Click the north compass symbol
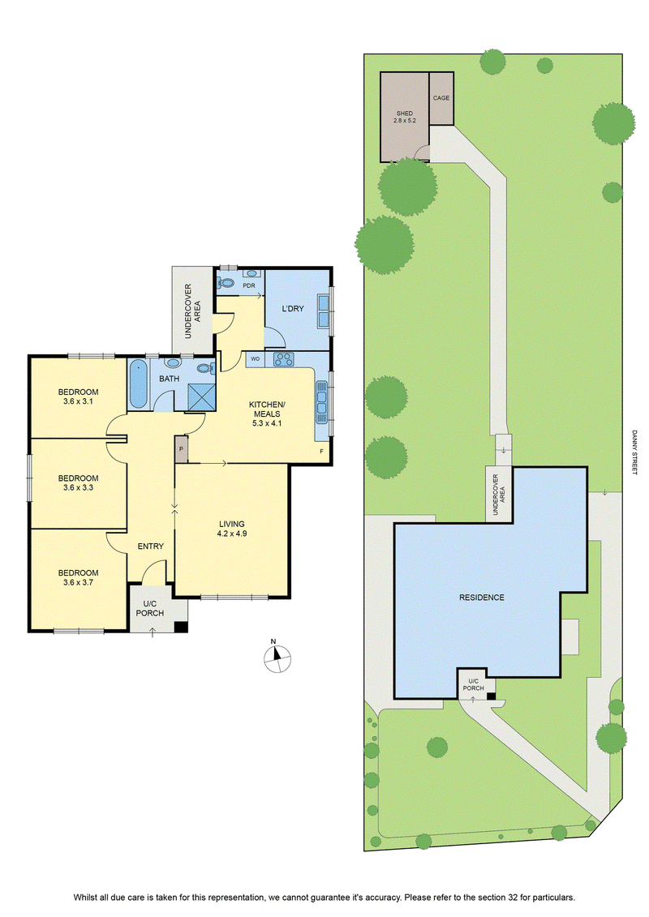pyautogui.click(x=277, y=658)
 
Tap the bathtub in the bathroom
pyautogui.click(x=138, y=384)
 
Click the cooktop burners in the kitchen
pyautogui.click(x=285, y=359)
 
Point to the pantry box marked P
pyautogui.click(x=182, y=449)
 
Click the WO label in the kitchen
pyautogui.click(x=256, y=359)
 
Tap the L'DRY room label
pyautogui.click(x=293, y=309)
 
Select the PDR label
pyautogui.click(x=249, y=285)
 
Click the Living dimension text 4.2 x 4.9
pyautogui.click(x=232, y=533)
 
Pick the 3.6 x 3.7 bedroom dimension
pyautogui.click(x=78, y=582)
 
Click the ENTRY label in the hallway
pyautogui.click(x=150, y=546)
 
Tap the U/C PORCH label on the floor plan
pyautogui.click(x=150, y=609)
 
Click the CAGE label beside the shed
pyautogui.click(x=441, y=98)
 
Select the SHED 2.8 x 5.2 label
pyautogui.click(x=404, y=117)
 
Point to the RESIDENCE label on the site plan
pyautogui.click(x=482, y=598)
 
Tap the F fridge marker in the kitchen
pyautogui.click(x=321, y=452)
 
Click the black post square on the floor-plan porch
pyautogui.click(x=182, y=627)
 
